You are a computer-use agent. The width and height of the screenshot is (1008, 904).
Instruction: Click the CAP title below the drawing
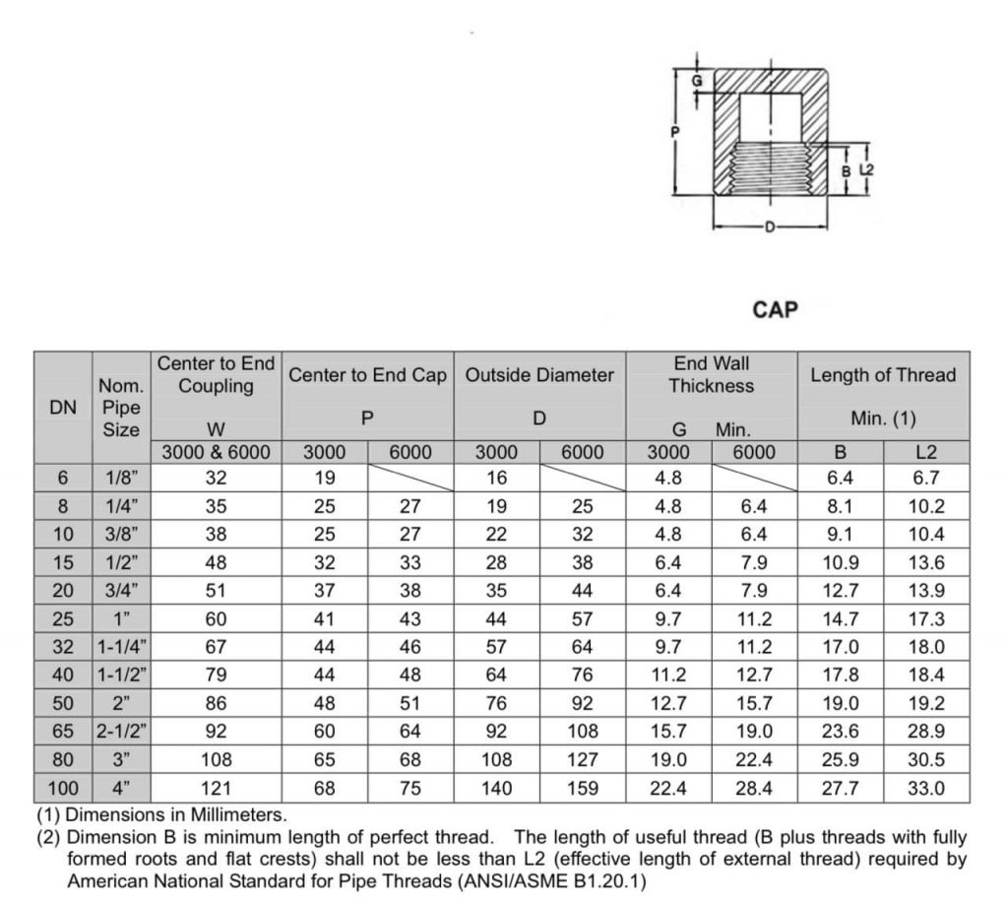[775, 309]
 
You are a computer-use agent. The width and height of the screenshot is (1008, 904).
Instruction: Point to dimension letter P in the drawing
[674, 131]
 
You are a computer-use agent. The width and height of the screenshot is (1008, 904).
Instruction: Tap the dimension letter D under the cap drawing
[770, 227]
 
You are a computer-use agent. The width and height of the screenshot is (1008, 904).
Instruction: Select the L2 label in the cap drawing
[866, 169]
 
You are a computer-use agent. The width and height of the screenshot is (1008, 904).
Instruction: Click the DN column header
[63, 407]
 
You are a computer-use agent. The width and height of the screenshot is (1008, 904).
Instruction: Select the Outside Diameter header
[539, 375]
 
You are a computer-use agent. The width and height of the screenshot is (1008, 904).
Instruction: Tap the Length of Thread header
[883, 375]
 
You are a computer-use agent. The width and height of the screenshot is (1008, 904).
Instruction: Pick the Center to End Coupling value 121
[217, 788]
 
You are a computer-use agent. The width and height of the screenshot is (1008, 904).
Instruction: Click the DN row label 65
[63, 732]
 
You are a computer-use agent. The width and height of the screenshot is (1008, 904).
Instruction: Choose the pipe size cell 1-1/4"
[123, 647]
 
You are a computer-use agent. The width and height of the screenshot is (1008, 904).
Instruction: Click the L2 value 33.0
[926, 788]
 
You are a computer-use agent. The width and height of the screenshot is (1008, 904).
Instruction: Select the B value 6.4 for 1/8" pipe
[841, 479]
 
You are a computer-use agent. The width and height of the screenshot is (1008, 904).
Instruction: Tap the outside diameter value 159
[583, 788]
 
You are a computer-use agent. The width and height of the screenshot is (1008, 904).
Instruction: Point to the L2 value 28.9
[926, 732]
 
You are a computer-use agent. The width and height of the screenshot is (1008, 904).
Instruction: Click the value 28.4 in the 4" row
[754, 788]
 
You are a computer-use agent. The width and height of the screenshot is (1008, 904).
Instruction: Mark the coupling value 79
[217, 676]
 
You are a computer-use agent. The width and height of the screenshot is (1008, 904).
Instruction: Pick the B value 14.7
[841, 619]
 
